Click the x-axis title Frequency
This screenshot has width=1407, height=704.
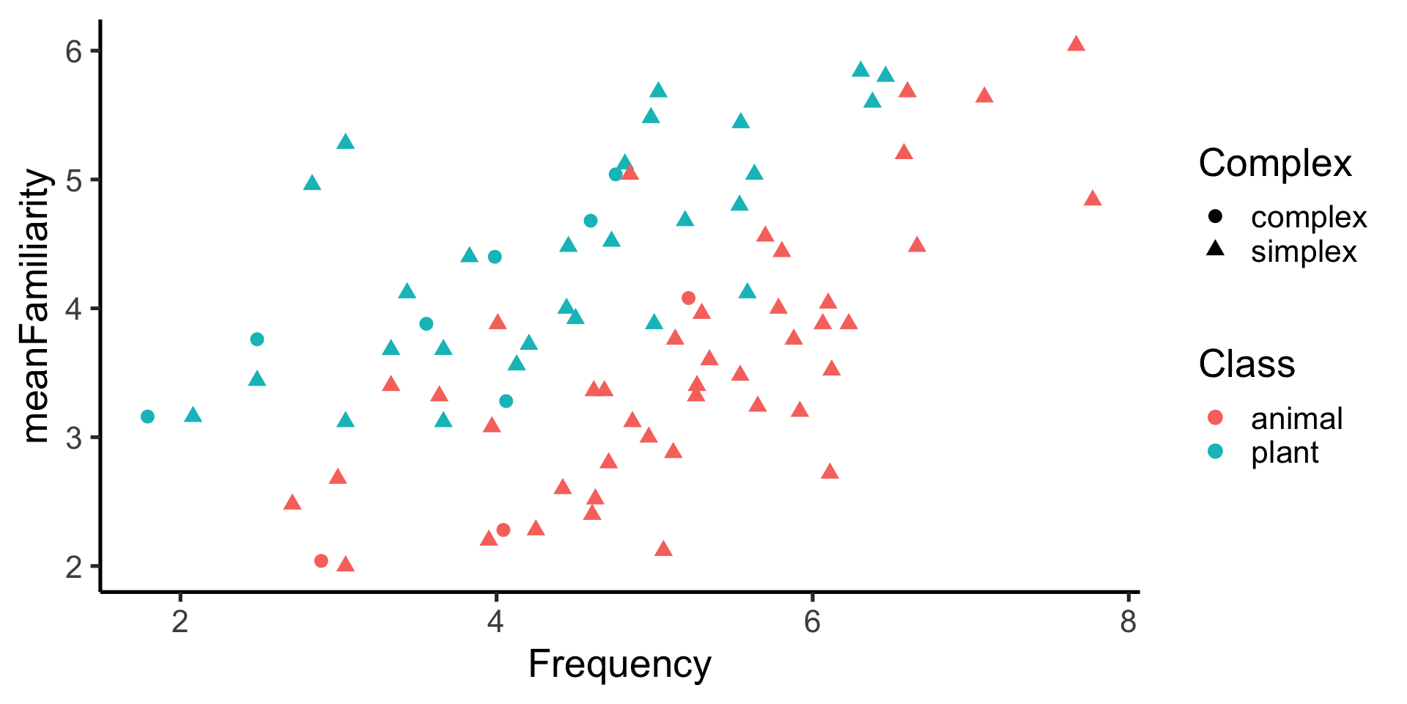[x=619, y=664]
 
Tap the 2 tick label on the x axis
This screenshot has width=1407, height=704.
[x=180, y=622]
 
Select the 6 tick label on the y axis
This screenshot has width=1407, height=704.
[x=74, y=51]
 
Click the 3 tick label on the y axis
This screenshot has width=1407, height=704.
[x=74, y=438]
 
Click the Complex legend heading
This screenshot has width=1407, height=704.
[x=1274, y=163]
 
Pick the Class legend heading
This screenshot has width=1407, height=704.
[x=1247, y=364]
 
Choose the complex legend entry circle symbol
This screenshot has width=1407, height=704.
[x=1215, y=217]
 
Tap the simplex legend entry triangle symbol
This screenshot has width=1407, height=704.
[x=1215, y=249]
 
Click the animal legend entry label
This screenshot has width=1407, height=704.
[x=1296, y=419]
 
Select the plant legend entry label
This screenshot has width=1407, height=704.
[x=1284, y=452]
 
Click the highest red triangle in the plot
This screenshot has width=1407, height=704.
[x=1076, y=44]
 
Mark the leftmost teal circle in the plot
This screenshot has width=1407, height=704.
[x=147, y=417]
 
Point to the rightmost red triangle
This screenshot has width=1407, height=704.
[x=1093, y=199]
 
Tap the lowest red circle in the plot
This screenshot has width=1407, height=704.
[x=321, y=561]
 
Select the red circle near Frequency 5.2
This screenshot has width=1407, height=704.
[x=688, y=298]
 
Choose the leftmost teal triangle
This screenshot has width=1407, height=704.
[x=193, y=416]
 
